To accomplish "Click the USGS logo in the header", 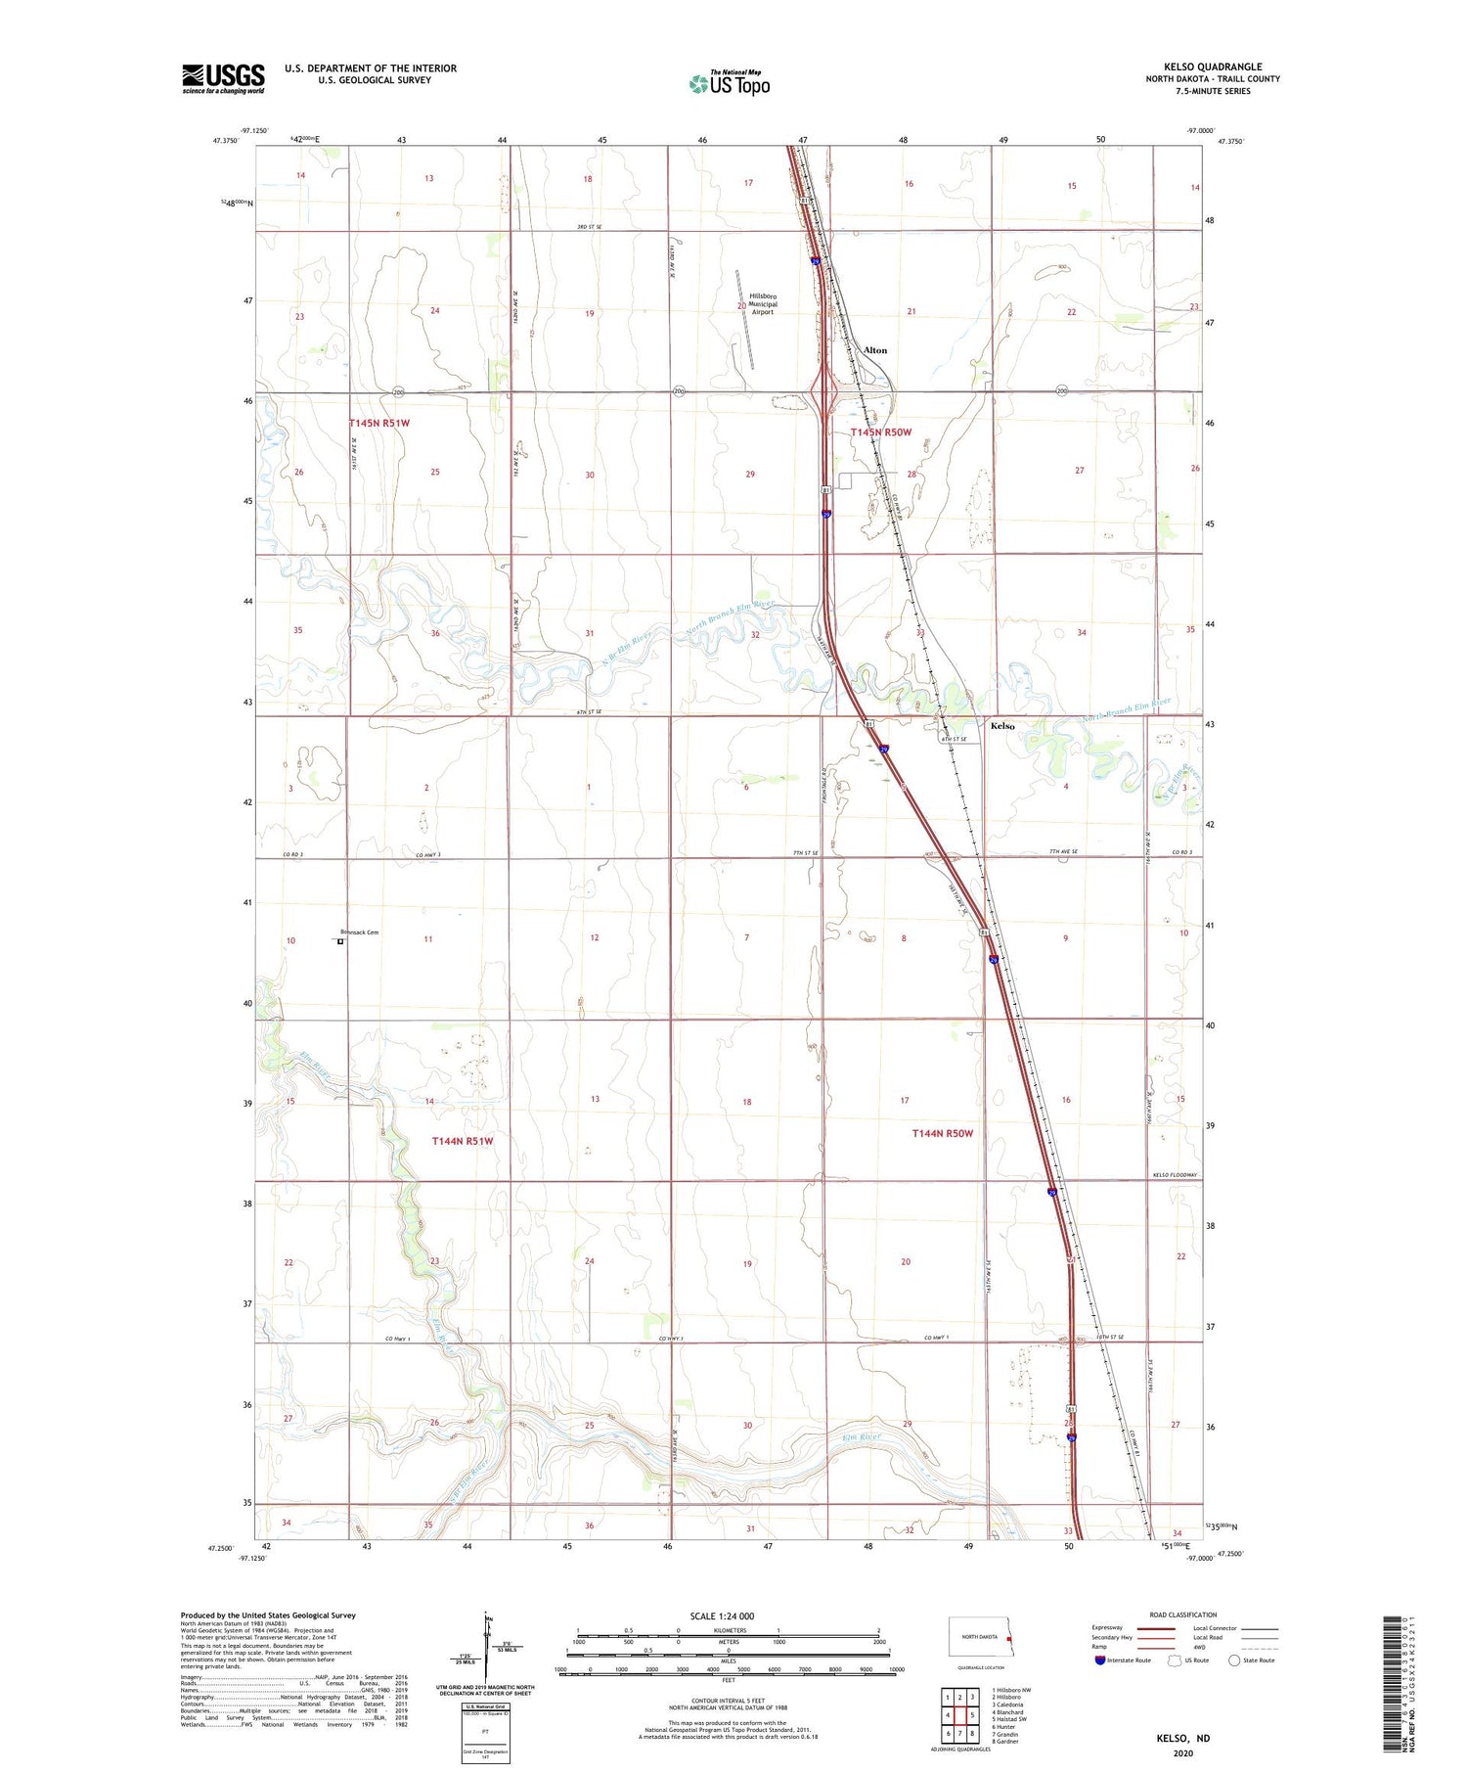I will (x=223, y=78).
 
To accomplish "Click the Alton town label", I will (x=875, y=350).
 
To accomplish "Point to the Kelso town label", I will (x=1002, y=726).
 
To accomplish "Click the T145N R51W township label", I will (x=379, y=424).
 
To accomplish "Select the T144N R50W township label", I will (x=942, y=1133).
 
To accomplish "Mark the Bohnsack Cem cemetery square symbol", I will (x=340, y=942).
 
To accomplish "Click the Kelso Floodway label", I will (x=1175, y=1175).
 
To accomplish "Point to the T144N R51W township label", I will (x=463, y=1141).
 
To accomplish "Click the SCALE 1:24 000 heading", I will (x=722, y=1615).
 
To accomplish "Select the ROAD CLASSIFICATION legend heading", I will (x=1183, y=1615).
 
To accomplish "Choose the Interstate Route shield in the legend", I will (x=1100, y=1660).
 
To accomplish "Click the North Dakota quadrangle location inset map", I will (x=981, y=1637).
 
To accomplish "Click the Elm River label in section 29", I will (x=862, y=1436).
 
